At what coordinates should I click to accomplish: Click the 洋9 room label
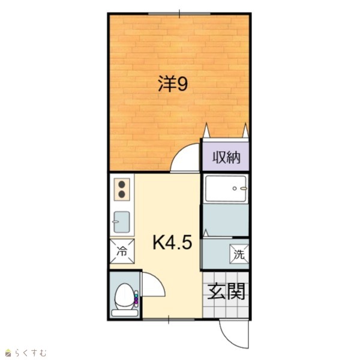173,83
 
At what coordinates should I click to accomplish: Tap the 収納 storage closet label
226,157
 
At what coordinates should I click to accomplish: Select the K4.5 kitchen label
172,243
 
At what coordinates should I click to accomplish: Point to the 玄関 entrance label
226,292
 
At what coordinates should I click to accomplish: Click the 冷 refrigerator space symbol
122,251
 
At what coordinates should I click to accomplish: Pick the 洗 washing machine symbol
239,254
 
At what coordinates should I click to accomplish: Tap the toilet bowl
125,296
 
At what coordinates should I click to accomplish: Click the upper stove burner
122,184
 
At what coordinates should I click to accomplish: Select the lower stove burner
122,194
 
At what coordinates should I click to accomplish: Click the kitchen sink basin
122,222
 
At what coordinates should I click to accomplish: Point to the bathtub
226,188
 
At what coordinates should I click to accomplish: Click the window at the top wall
179,14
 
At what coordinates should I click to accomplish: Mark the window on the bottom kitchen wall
169,320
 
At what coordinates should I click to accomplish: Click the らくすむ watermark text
31,353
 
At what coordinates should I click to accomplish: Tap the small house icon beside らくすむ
8,353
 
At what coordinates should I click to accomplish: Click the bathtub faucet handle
244,188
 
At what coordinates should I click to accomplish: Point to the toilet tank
125,313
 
